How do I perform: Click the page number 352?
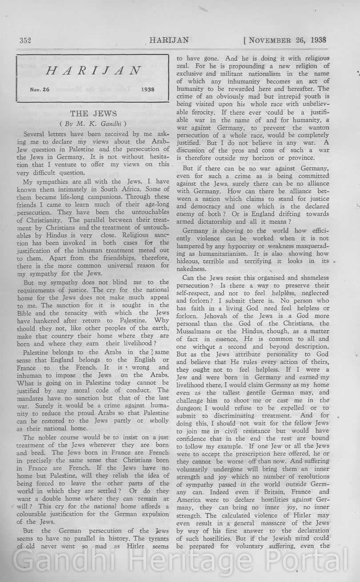tap(25, 40)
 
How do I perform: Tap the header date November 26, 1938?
tap(285, 40)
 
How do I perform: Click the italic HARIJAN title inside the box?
tap(93, 71)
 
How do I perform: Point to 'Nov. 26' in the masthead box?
tap(40, 89)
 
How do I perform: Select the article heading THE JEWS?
tap(93, 114)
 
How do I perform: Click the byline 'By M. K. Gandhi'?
tap(93, 123)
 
